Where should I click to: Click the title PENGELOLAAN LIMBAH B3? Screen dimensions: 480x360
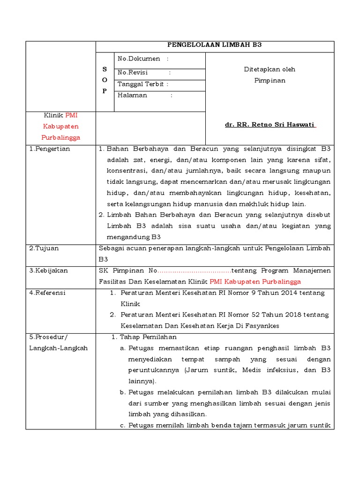click(x=215, y=45)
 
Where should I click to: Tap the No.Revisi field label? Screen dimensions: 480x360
click(x=133, y=73)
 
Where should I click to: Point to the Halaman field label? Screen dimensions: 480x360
click(x=132, y=95)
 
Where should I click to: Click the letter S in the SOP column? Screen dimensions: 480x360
click(x=105, y=69)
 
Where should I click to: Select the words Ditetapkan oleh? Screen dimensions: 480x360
click(x=270, y=69)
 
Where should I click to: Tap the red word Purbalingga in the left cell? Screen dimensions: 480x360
click(x=61, y=137)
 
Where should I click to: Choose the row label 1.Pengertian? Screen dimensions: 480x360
click(x=49, y=149)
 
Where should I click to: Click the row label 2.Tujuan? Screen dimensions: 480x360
click(x=44, y=248)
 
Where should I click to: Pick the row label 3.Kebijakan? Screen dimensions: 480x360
click(x=48, y=270)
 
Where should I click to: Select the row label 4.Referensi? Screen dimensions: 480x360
click(x=47, y=293)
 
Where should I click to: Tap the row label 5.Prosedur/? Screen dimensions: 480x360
click(x=48, y=337)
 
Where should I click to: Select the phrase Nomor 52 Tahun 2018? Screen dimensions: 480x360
click(x=262, y=315)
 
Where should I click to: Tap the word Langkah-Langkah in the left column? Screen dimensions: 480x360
click(x=58, y=348)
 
